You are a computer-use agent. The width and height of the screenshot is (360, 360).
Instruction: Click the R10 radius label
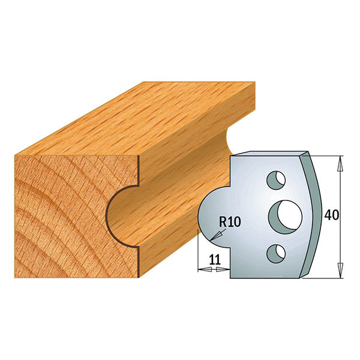[x=230, y=221]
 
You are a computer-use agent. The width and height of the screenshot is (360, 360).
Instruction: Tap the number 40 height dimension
[x=331, y=215]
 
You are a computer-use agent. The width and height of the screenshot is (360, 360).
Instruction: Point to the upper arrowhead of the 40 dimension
[x=341, y=160]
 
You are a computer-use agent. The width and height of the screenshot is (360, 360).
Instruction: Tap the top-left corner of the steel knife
[x=233, y=157]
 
